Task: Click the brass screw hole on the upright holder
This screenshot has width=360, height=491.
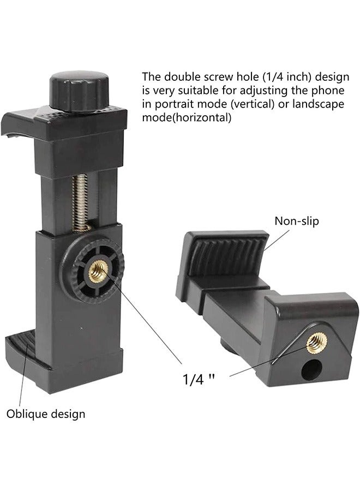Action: point(98,271)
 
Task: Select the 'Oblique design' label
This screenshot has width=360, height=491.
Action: point(46,414)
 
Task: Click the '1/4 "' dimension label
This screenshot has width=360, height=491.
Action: point(199,380)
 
